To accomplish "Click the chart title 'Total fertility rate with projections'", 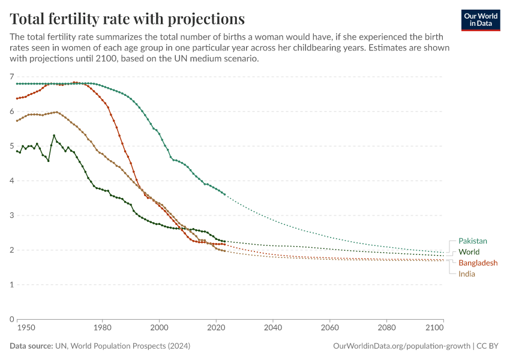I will [127, 18].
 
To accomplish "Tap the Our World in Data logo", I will [480, 20].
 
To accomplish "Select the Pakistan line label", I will [473, 241].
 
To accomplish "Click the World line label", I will [469, 252].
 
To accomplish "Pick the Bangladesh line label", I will [478, 263].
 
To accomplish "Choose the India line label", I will [467, 274].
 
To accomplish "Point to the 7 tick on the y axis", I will [11, 77].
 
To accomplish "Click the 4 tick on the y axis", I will [11, 181].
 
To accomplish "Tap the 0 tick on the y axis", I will [11, 319].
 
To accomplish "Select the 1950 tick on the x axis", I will [25, 328].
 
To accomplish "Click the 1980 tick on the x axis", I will [102, 328].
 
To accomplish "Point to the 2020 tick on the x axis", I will [216, 328].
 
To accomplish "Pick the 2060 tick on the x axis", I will [329, 328].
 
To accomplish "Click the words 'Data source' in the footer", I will [31, 346].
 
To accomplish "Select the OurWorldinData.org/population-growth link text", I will [401, 346].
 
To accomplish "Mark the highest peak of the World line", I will [54, 136].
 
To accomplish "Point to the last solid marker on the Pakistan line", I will [224, 194].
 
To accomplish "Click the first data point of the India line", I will [17, 121].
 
